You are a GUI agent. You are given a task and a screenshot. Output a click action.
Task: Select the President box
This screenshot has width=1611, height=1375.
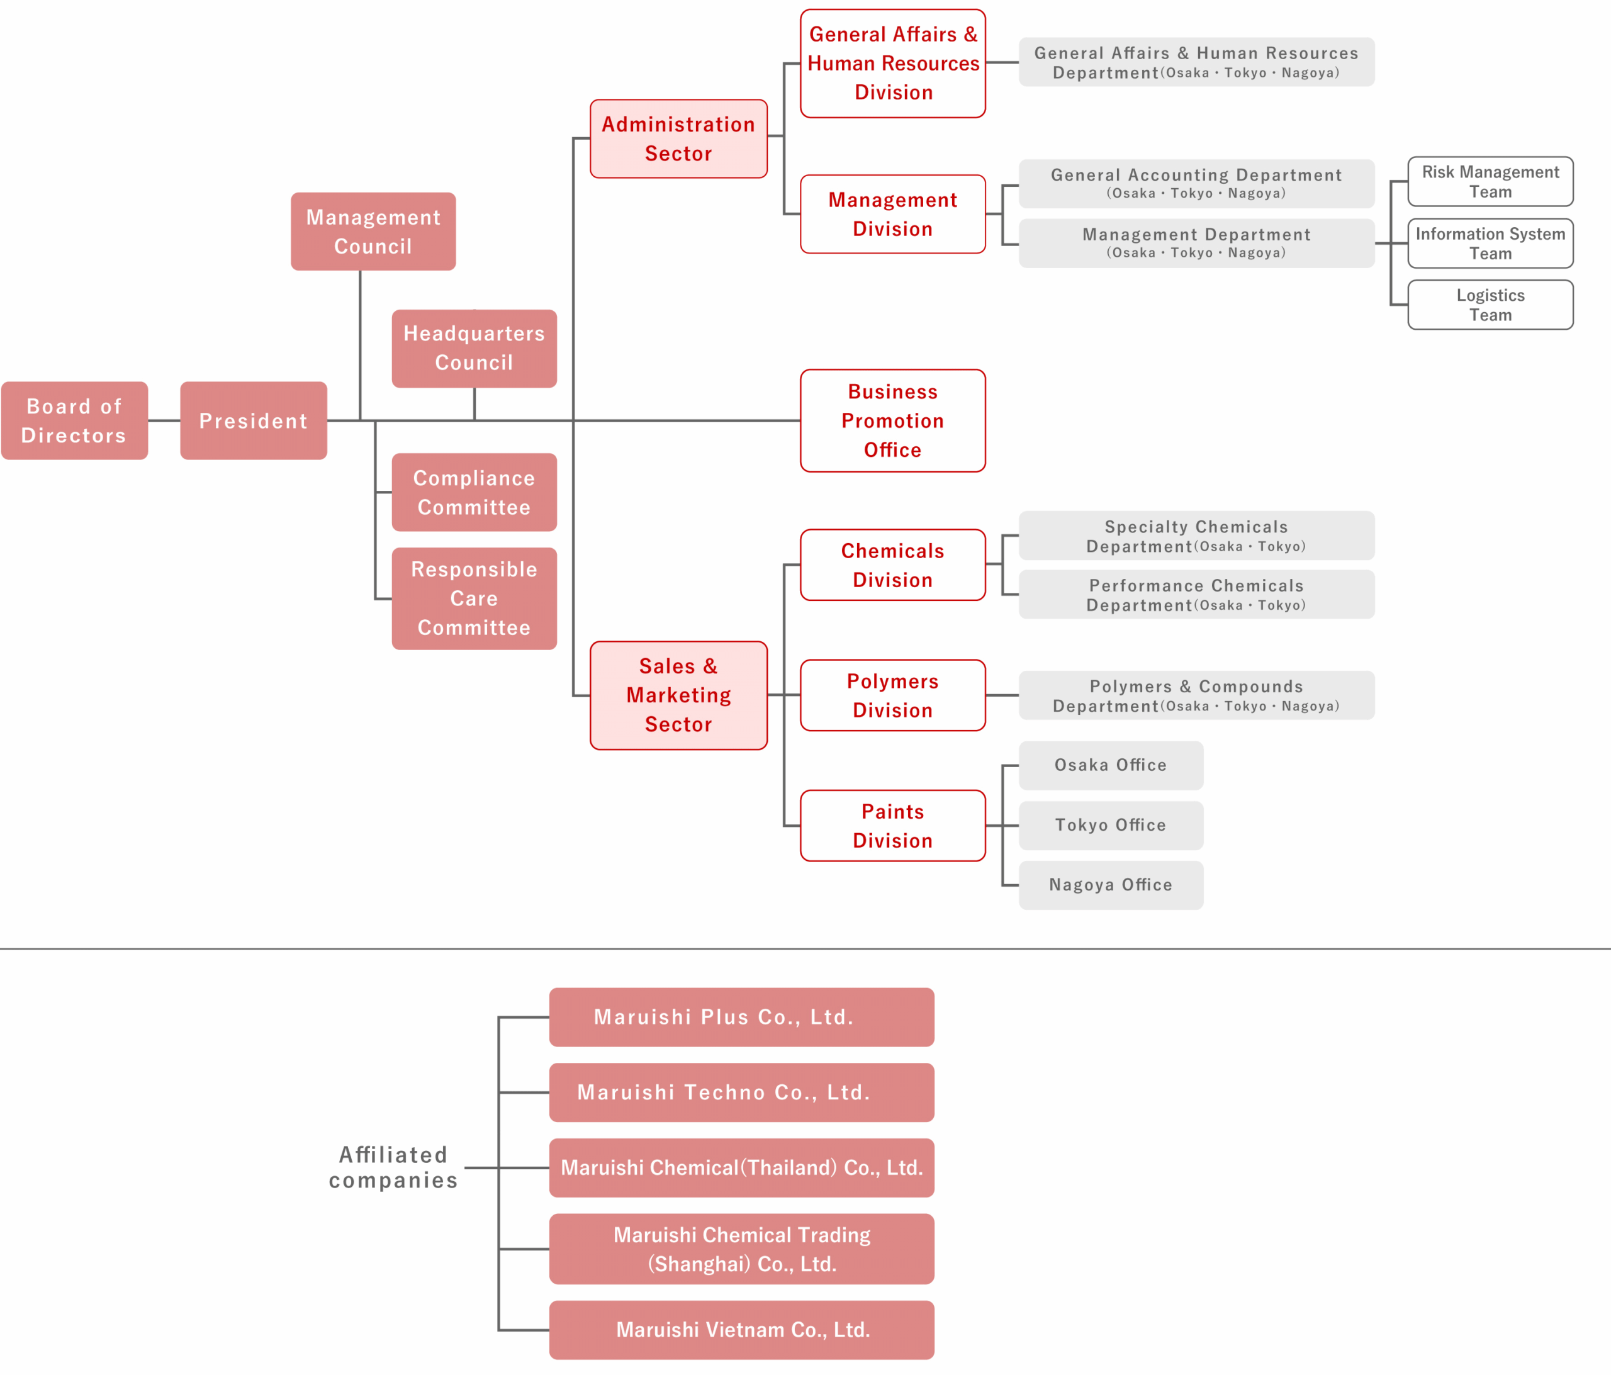click(254, 421)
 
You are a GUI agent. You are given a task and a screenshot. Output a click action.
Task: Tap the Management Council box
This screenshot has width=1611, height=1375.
click(373, 232)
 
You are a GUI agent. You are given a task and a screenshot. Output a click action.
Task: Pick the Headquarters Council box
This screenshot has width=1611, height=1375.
click(474, 349)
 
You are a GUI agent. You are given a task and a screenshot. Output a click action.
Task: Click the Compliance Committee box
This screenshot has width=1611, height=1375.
click(474, 492)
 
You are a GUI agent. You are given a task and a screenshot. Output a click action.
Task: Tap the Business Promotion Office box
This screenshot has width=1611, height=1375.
click(892, 421)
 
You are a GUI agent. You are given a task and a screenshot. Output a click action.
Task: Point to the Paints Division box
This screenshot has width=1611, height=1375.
click(892, 826)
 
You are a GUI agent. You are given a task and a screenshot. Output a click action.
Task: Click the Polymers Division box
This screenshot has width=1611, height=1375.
click(892, 695)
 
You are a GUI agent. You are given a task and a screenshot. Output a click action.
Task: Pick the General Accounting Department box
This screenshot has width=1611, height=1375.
click(1196, 184)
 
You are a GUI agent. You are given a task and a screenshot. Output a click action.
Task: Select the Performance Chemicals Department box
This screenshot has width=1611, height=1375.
click(1196, 595)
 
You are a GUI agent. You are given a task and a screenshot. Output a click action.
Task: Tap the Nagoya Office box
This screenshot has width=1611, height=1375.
click(1110, 885)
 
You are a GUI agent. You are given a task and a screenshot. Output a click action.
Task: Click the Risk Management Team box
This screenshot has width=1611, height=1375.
click(1490, 181)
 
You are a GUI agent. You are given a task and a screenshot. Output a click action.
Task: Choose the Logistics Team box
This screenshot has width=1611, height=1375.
click(1490, 305)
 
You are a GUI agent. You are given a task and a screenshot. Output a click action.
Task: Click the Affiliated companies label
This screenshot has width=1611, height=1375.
click(393, 1167)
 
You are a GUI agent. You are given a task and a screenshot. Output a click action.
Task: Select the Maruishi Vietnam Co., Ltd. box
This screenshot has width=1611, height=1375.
click(742, 1330)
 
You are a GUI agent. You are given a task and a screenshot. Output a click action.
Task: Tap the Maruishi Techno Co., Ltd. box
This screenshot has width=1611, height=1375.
click(742, 1092)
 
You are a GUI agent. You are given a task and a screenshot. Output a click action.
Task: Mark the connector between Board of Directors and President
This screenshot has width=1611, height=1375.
click(164, 421)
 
